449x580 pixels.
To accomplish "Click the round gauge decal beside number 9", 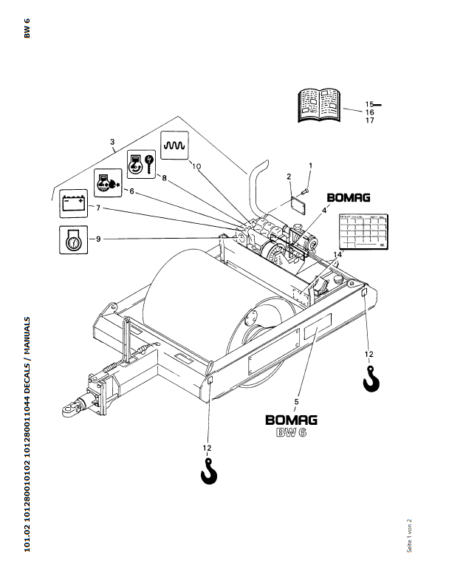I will [72, 239].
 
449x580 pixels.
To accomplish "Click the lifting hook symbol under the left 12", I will [210, 470].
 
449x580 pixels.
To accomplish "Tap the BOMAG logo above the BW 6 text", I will [292, 420].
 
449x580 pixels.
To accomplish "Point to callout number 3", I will [112, 141].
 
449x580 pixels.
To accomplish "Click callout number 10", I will [195, 166].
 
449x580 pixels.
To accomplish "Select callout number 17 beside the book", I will [370, 120].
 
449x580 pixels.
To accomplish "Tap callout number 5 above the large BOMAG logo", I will [296, 401].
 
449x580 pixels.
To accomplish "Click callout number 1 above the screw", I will [310, 165].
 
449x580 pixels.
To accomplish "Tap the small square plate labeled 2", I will [298, 203].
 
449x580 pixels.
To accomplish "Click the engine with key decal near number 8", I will [140, 163].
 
